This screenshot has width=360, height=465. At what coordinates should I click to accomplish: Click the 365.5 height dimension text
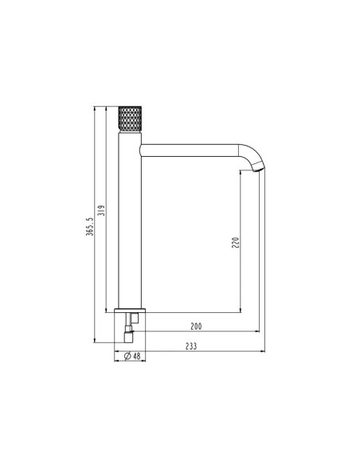(89, 227)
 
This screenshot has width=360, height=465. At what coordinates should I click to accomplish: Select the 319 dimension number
(101, 210)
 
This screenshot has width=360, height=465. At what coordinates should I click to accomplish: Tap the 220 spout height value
(235, 243)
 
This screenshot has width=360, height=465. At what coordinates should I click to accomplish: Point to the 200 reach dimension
(196, 326)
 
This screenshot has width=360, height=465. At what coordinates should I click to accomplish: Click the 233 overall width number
(191, 346)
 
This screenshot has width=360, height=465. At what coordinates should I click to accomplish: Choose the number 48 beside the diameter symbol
(137, 356)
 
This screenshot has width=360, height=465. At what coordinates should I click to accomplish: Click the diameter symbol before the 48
(127, 356)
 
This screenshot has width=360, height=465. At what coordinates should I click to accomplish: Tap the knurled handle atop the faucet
(130, 119)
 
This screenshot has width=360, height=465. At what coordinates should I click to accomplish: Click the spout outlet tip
(258, 170)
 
